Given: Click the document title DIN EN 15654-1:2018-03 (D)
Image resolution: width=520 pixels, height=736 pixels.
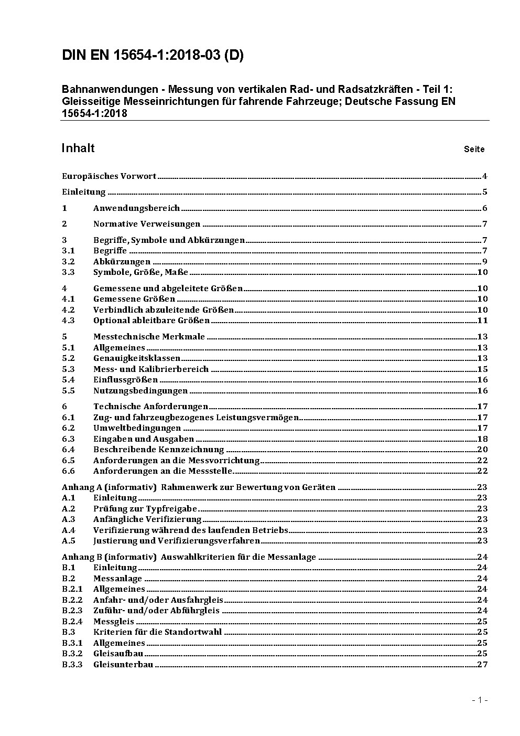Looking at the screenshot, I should pyautogui.click(x=153, y=56).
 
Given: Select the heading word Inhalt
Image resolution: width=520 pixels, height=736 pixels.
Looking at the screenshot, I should pyautogui.click(x=78, y=148).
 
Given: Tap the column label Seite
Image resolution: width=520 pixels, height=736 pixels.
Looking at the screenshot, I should pyautogui.click(x=474, y=150).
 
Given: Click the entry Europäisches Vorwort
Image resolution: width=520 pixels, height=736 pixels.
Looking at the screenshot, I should pyautogui.click(x=109, y=176).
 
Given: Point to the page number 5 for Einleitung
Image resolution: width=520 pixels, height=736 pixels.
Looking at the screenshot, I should pyautogui.click(x=485, y=192).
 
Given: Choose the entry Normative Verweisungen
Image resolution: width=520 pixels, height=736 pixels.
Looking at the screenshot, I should pyautogui.click(x=147, y=224).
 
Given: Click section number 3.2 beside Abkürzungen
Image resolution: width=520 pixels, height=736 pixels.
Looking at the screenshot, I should pyautogui.click(x=68, y=262).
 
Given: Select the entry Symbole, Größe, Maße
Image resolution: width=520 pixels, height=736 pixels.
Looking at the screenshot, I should pyautogui.click(x=140, y=272).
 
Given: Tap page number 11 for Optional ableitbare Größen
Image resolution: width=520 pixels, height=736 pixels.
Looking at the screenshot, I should pyautogui.click(x=482, y=321).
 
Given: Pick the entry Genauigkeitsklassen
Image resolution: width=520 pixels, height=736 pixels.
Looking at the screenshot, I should pyautogui.click(x=137, y=358).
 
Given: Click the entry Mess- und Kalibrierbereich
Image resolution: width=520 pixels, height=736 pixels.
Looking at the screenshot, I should pyautogui.click(x=151, y=369).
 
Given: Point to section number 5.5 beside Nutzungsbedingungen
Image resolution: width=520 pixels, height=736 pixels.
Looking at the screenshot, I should pyautogui.click(x=68, y=391).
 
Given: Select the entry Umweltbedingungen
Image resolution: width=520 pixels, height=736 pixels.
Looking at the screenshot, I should pyautogui.click(x=137, y=428).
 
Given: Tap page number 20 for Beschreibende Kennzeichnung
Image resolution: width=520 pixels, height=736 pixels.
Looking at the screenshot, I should pyautogui.click(x=482, y=450).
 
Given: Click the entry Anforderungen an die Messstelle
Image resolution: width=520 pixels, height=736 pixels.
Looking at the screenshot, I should pyautogui.click(x=163, y=471).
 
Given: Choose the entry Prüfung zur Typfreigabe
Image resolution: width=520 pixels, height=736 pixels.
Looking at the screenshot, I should pyautogui.click(x=145, y=509).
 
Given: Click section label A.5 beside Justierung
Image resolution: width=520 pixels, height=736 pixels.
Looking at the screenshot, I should pyautogui.click(x=69, y=541).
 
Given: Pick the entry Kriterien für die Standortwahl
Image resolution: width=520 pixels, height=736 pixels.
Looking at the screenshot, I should pyautogui.click(x=157, y=632).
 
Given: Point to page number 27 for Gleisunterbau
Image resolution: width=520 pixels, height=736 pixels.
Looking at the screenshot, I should pyautogui.click(x=482, y=665).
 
